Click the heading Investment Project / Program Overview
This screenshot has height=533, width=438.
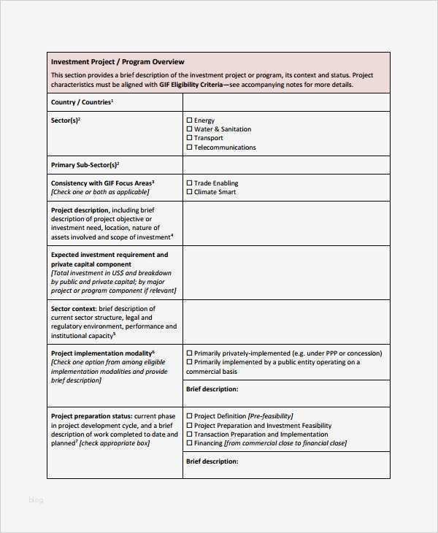(117, 62)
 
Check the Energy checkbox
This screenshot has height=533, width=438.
(189, 120)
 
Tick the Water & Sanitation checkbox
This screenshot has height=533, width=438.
(189, 129)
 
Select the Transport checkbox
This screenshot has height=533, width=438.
(189, 138)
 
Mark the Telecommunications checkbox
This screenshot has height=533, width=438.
(189, 147)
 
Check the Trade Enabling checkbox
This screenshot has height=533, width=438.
(189, 183)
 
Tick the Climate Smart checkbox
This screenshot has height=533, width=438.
(189, 192)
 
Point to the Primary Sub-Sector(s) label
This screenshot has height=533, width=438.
(85, 165)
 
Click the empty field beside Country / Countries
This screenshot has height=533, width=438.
(286, 103)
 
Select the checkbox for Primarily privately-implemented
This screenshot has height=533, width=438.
(189, 353)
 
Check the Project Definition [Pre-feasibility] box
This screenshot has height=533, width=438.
(189, 416)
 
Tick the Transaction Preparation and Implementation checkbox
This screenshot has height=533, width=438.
(189, 434)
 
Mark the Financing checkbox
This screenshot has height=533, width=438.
(189, 442)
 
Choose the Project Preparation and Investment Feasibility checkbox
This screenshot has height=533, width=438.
(189, 425)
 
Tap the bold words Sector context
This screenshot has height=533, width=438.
(71, 309)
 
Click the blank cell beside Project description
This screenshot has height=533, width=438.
(286, 223)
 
